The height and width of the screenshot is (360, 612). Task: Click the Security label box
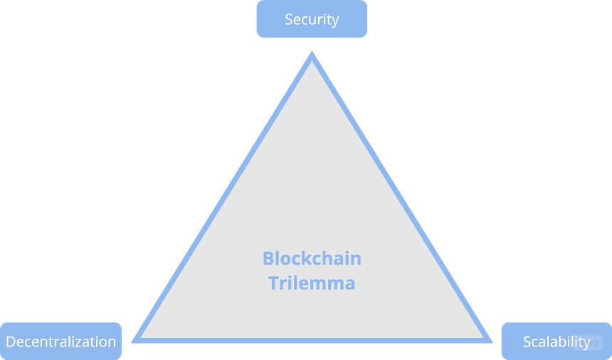[312, 18]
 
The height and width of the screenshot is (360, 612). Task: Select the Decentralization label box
[61, 342]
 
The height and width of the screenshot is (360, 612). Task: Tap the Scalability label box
[556, 342]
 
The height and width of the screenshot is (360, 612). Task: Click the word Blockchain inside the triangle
[312, 258]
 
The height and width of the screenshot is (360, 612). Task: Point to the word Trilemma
[312, 282]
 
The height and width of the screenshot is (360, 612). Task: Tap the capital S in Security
[289, 19]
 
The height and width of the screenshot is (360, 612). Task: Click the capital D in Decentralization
[11, 342]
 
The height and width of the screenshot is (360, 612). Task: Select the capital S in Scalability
[527, 342]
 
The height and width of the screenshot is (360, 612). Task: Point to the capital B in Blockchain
[268, 258]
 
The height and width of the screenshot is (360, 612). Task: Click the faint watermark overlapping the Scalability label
[589, 343]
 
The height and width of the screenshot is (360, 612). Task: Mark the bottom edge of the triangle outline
[312, 341]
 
